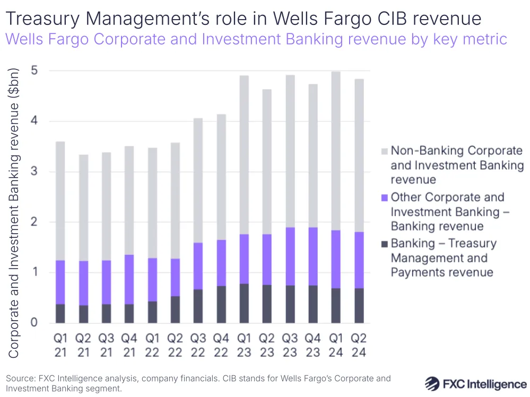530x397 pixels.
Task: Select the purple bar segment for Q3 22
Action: (x=197, y=266)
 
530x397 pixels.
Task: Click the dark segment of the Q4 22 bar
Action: (x=221, y=305)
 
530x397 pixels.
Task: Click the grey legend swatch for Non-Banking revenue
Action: (x=385, y=151)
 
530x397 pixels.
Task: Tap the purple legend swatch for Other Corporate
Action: (x=385, y=198)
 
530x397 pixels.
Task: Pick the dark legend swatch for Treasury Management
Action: (x=385, y=244)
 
